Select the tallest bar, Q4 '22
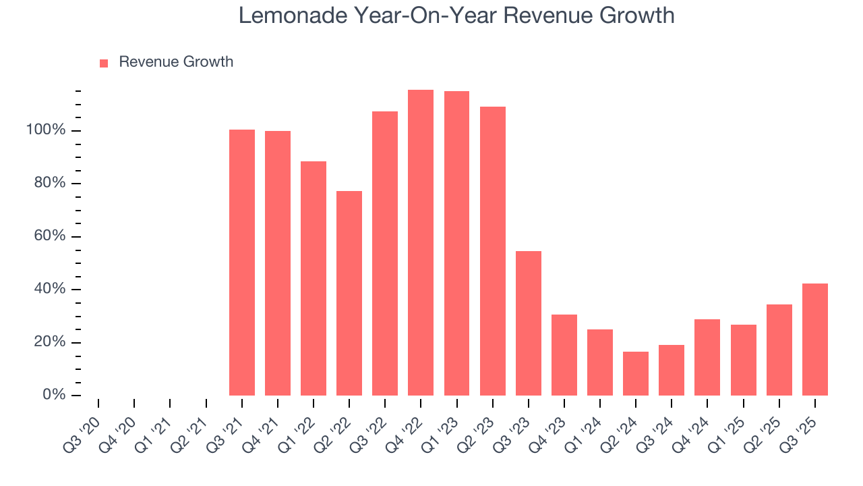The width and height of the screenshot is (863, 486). pos(421,242)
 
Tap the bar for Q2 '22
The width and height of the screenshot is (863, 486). pos(349,293)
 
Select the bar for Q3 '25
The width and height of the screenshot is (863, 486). pos(815,339)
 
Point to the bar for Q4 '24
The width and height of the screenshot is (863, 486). pos(707,357)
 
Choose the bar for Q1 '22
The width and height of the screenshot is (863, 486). pos(314,278)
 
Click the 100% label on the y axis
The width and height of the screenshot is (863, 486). pos(46,130)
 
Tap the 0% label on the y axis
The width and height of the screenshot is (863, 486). pos(54,395)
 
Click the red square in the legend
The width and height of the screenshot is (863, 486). pos(104,63)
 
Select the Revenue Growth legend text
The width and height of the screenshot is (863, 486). pos(176,62)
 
